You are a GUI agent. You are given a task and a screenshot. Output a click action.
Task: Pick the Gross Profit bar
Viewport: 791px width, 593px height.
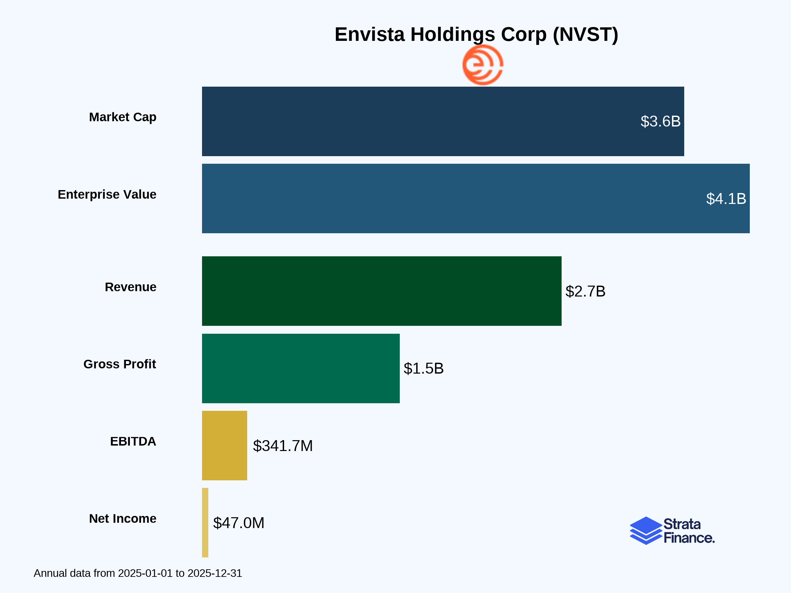click(301, 369)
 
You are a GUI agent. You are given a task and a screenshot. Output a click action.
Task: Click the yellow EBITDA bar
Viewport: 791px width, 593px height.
click(224, 445)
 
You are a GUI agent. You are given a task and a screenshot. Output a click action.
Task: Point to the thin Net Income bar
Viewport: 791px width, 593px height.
click(205, 522)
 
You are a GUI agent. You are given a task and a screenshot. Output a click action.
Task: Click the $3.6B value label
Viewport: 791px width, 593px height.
click(660, 122)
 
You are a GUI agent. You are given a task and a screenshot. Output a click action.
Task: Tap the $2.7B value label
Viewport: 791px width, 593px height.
click(585, 291)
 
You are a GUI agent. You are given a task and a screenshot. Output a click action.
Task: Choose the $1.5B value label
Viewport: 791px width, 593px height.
click(424, 369)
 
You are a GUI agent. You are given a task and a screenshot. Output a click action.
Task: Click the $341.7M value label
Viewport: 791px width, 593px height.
click(282, 446)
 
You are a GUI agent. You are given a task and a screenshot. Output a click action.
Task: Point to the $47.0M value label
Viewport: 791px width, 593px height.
click(239, 523)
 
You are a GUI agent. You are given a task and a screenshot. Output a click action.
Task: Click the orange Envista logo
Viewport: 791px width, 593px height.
click(483, 65)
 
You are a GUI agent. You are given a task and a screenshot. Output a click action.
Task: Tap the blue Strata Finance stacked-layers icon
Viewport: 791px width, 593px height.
click(645, 531)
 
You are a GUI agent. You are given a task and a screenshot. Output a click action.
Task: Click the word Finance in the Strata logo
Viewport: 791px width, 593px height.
click(689, 538)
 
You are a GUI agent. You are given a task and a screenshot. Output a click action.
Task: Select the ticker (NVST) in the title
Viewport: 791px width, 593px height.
click(585, 35)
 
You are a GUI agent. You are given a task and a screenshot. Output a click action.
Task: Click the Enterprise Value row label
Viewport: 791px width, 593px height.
click(107, 194)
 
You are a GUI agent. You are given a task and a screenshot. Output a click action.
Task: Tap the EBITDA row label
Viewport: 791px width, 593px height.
click(133, 441)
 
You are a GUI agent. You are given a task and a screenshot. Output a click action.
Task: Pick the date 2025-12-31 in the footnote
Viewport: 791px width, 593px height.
click(215, 573)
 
